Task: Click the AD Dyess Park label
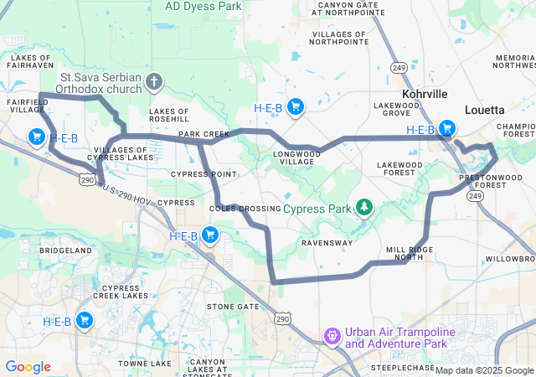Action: (x=204, y=5)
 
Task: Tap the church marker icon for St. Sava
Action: (x=154, y=81)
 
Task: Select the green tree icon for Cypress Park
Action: (x=364, y=206)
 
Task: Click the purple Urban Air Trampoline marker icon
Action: (x=332, y=337)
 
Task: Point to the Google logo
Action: (x=28, y=367)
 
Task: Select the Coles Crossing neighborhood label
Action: (x=245, y=208)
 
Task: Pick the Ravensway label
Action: (x=327, y=244)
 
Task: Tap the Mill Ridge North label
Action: (x=410, y=254)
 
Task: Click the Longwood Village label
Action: (x=298, y=158)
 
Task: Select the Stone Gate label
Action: (x=233, y=307)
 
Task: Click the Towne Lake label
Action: (x=144, y=363)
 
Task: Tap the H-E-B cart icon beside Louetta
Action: (x=448, y=129)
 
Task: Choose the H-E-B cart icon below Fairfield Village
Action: (x=36, y=137)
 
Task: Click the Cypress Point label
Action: (x=204, y=174)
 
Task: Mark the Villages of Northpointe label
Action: (x=340, y=37)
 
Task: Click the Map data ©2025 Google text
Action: (x=484, y=370)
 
